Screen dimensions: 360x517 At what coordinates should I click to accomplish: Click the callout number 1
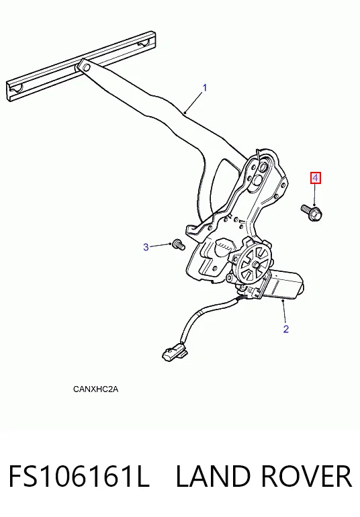point(205,88)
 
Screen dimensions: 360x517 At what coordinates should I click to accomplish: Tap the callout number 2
point(285,329)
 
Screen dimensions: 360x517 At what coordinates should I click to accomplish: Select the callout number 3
point(146,247)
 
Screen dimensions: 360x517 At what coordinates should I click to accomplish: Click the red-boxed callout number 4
point(316,179)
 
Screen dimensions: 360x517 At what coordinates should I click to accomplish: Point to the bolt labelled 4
point(312,213)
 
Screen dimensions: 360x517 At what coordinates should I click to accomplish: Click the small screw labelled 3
point(179,245)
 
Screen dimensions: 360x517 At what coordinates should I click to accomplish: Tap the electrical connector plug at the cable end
point(175,351)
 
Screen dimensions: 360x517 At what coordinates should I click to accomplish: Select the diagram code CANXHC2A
point(95,389)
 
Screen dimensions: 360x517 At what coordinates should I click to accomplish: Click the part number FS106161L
point(79,477)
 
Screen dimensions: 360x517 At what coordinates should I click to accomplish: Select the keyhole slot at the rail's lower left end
point(17,88)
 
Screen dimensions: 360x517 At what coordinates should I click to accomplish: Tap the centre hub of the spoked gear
point(255,265)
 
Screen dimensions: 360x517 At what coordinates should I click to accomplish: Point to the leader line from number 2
point(285,312)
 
